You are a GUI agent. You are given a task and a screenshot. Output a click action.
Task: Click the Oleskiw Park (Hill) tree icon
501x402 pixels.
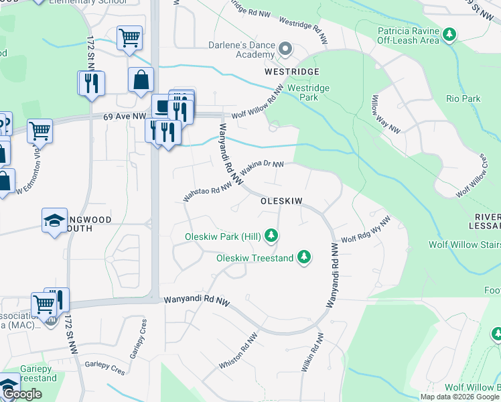point(271,235)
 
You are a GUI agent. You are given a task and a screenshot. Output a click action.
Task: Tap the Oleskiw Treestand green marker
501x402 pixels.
point(304,257)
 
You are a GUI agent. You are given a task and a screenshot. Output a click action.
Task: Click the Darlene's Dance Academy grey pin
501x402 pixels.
point(286,49)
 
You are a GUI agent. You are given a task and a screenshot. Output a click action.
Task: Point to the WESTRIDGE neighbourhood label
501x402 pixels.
point(291,71)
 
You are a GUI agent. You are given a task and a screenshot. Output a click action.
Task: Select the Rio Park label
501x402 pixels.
point(463,98)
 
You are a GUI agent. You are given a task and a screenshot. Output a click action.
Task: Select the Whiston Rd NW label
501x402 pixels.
point(238,351)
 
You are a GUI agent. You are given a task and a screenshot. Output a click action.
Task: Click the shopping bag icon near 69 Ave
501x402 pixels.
point(141,80)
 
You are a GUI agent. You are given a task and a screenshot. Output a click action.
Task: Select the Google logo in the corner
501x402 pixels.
point(21,394)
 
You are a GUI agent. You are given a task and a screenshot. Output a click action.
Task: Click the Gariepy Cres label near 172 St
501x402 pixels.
point(104,368)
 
